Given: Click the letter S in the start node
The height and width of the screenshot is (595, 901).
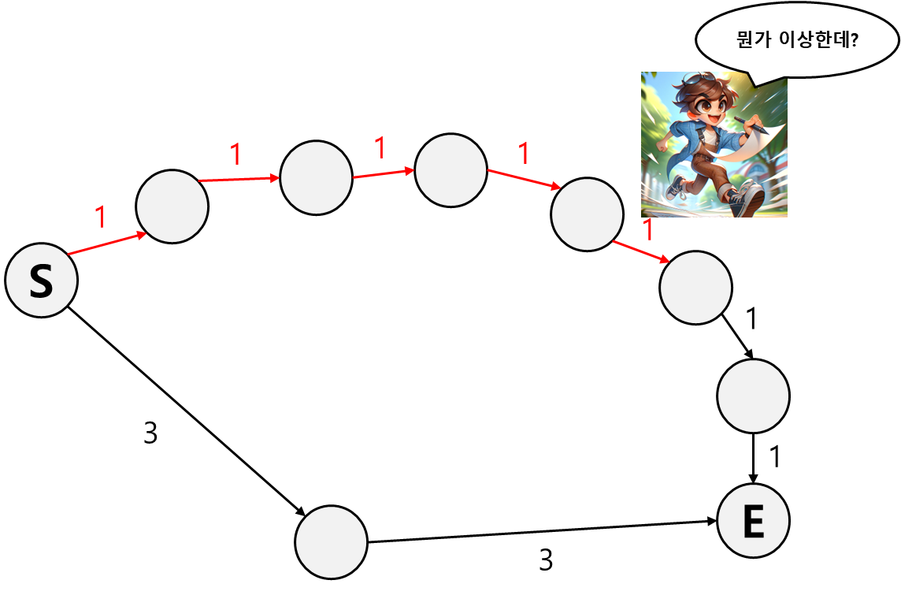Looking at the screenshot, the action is pos(41,281).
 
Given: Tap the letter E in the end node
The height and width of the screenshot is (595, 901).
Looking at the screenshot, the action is pos(754,522).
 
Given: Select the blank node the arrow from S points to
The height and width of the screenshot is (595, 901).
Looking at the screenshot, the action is pos(172,206).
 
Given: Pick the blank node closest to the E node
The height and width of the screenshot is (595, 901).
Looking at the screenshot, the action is pos(753,396).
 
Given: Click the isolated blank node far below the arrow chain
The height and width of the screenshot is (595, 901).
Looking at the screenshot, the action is pos(331,542).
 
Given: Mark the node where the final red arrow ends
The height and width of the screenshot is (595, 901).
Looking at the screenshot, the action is pos(695,288).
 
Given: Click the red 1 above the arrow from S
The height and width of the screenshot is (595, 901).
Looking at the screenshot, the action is pos(100,217).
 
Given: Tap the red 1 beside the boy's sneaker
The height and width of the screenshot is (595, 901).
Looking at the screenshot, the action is pos(648,229).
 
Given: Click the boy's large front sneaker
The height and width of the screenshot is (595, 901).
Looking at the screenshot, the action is pos(748,199).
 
